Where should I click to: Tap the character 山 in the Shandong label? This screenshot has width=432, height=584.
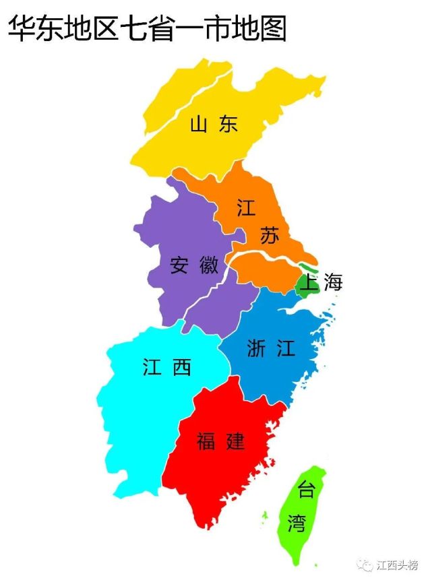pyautogui.click(x=197, y=124)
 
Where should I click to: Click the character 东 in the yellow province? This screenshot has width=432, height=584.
pyautogui.click(x=229, y=124)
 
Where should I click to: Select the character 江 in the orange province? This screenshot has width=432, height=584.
pyautogui.click(x=247, y=207)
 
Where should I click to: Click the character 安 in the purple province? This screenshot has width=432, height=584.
pyautogui.click(x=179, y=265)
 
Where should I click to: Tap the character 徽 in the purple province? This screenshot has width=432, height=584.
pyautogui.click(x=210, y=265)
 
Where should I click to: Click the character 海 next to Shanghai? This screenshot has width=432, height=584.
pyautogui.click(x=333, y=283)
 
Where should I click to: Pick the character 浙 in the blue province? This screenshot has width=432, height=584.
pyautogui.click(x=257, y=348)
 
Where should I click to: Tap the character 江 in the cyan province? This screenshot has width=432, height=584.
pyautogui.click(x=152, y=366)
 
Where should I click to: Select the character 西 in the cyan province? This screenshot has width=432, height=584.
pyautogui.click(x=182, y=366)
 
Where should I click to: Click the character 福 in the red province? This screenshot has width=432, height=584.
pyautogui.click(x=206, y=442)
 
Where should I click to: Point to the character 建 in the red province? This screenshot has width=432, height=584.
pyautogui.click(x=235, y=442)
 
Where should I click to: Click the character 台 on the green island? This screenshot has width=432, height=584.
pyautogui.click(x=307, y=490)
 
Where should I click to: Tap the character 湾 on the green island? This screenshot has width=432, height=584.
pyautogui.click(x=297, y=523)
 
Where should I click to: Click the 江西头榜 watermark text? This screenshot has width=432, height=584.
pyautogui.click(x=398, y=564)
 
